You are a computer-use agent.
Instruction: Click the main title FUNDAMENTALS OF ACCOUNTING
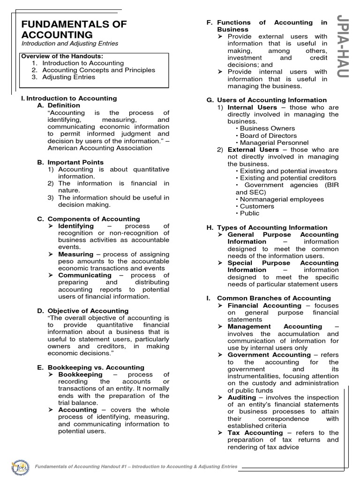pos(74,30)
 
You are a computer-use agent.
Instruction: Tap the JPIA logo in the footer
pos(18,467)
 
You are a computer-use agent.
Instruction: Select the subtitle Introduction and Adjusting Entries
pos(70,44)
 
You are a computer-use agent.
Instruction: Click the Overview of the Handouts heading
pos(61,56)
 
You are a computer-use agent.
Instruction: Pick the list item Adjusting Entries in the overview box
pos(68,77)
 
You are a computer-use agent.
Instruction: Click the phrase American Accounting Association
pos(100,148)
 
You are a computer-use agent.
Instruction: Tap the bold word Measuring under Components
pos(75,254)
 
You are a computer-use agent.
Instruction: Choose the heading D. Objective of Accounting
pos(82,310)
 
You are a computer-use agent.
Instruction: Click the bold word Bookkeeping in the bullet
pos(80,375)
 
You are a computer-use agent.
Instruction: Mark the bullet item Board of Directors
pos(268,135)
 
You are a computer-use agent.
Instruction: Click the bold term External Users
pos(253,150)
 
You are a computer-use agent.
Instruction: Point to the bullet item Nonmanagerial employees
pos(281,199)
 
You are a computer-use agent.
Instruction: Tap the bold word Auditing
pos(242,397)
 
